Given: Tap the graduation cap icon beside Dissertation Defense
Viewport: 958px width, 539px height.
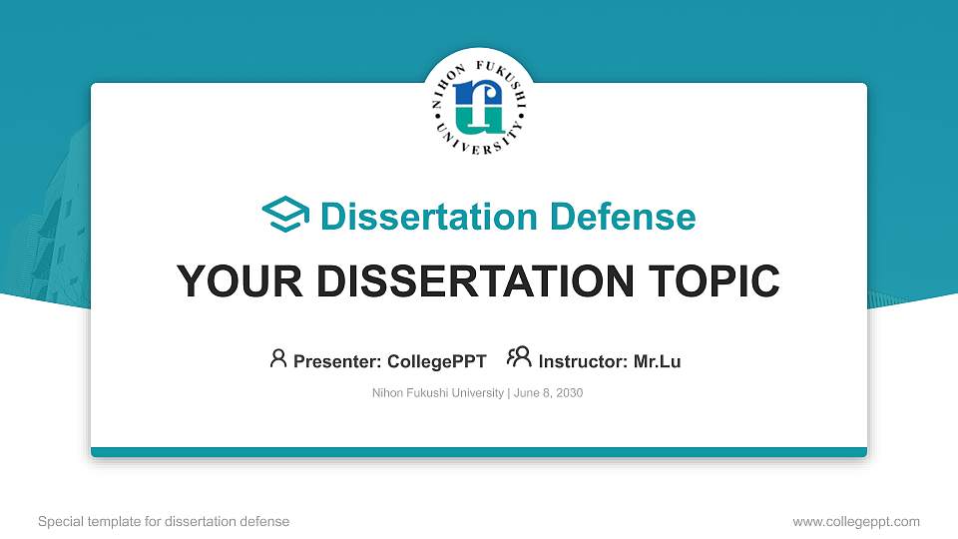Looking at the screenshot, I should point(285,216).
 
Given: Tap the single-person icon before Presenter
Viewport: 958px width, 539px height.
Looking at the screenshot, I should point(278,359).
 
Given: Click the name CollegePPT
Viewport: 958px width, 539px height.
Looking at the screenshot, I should point(436,361).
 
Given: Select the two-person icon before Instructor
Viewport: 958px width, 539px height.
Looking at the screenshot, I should point(519,358).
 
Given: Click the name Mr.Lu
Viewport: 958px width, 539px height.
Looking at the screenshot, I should point(657,361).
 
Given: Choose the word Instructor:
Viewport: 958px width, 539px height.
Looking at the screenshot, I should point(584,361).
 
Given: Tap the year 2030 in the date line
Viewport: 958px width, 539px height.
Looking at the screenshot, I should point(570,393).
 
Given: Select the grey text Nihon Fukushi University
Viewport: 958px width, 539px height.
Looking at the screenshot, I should point(438,393).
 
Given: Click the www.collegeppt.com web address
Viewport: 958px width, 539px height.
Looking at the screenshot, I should point(856,521).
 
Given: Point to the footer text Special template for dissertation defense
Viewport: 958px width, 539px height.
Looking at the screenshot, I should point(164,521).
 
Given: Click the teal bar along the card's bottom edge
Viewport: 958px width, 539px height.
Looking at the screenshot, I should point(479,452).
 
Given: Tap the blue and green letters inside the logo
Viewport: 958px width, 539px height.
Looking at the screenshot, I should point(479,106).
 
